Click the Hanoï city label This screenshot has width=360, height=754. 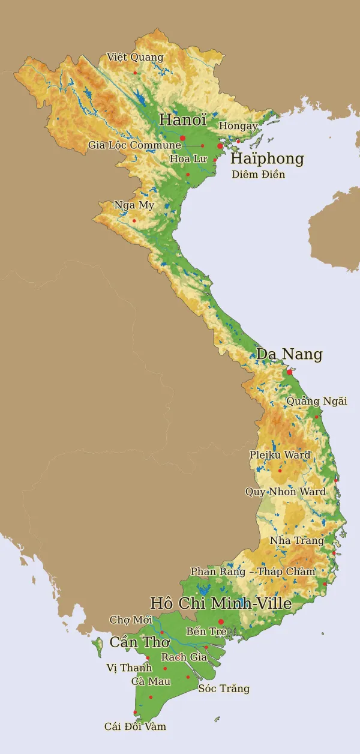click(x=182, y=119)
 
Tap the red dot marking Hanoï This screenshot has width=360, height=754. click(x=182, y=138)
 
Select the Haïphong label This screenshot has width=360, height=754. click(x=267, y=159)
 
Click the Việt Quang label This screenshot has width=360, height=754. click(x=135, y=58)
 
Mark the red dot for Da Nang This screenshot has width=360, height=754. click(x=290, y=372)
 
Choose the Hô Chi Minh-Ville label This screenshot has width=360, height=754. click(x=221, y=603)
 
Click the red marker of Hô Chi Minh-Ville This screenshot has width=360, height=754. click(x=221, y=621)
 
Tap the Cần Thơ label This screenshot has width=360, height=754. click(x=139, y=642)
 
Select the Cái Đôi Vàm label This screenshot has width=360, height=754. click(x=135, y=726)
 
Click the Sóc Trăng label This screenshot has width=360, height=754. click(x=224, y=689)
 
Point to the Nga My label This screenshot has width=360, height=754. click(x=134, y=205)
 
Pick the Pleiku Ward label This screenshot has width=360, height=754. click(x=280, y=455)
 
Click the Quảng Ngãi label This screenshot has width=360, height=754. click(x=317, y=401)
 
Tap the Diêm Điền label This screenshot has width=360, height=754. click(x=259, y=175)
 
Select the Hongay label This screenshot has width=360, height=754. click(x=238, y=126)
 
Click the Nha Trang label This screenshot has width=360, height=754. click(x=297, y=541)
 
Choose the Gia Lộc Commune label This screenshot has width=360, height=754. click(x=134, y=145)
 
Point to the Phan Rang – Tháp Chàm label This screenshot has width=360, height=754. click(x=253, y=572)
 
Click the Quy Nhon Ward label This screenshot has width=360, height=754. click(x=286, y=492)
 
